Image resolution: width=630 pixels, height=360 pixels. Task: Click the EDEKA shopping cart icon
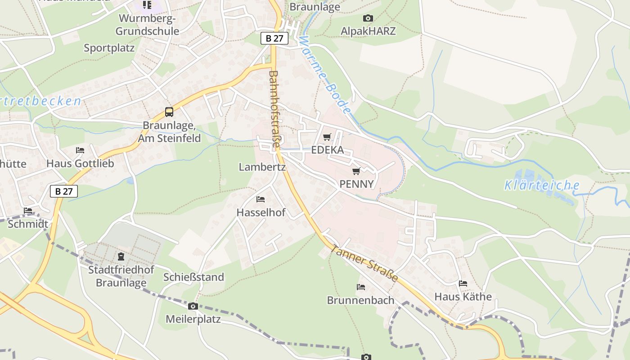click(327, 137)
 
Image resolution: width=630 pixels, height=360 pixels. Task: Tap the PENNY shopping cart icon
click(356, 171)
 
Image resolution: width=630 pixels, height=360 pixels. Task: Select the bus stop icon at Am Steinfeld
click(169, 112)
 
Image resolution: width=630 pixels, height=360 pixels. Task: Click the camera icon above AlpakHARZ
click(368, 18)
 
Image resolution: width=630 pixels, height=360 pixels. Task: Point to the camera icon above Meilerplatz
click(193, 306)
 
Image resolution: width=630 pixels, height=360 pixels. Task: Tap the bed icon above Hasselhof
click(261, 199)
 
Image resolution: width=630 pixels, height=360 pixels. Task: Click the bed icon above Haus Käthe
click(463, 283)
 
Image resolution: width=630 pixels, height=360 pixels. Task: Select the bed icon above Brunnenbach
click(361, 287)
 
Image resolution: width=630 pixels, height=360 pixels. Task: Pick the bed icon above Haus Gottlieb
click(80, 150)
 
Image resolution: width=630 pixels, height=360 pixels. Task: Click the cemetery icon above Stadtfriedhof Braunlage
click(121, 256)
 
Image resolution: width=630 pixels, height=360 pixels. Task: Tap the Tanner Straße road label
click(364, 263)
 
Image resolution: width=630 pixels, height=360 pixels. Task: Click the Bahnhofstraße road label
click(274, 109)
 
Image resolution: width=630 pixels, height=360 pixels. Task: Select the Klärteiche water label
click(542, 185)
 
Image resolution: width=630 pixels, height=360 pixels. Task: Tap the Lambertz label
click(262, 167)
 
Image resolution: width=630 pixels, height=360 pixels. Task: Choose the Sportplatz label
click(109, 48)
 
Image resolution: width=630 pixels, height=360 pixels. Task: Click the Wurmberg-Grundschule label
click(148, 25)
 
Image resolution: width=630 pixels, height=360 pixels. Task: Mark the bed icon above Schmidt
click(28, 210)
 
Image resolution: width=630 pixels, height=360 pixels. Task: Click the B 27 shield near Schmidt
click(64, 191)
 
